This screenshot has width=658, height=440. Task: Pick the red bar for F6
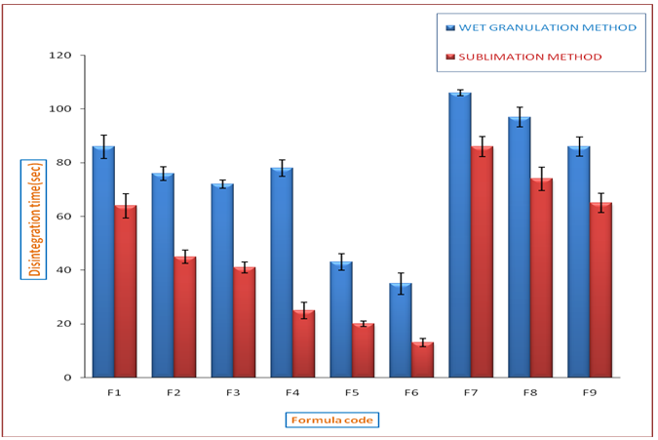422,359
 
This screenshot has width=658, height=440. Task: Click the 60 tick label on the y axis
64,217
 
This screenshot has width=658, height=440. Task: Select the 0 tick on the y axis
68,378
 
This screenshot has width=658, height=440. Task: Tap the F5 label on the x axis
351,392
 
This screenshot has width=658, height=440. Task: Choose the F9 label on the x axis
589,392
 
